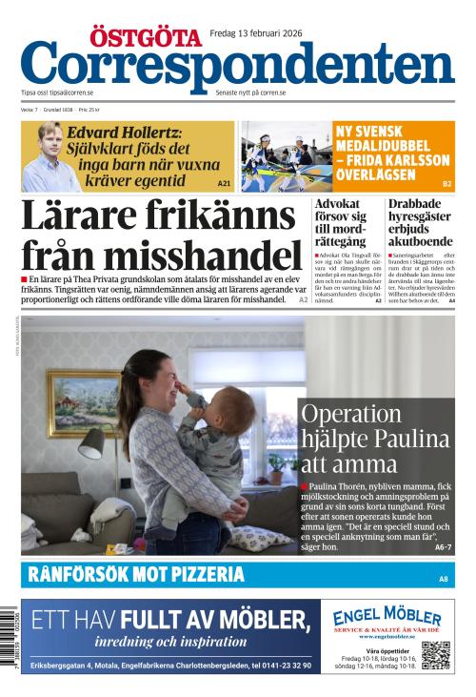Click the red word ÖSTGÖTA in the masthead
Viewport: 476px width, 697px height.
(145, 36)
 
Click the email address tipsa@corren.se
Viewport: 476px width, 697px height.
(72, 92)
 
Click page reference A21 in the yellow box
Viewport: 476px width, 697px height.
(224, 182)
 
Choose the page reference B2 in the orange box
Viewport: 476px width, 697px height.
(446, 182)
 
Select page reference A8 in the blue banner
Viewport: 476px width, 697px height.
(443, 579)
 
